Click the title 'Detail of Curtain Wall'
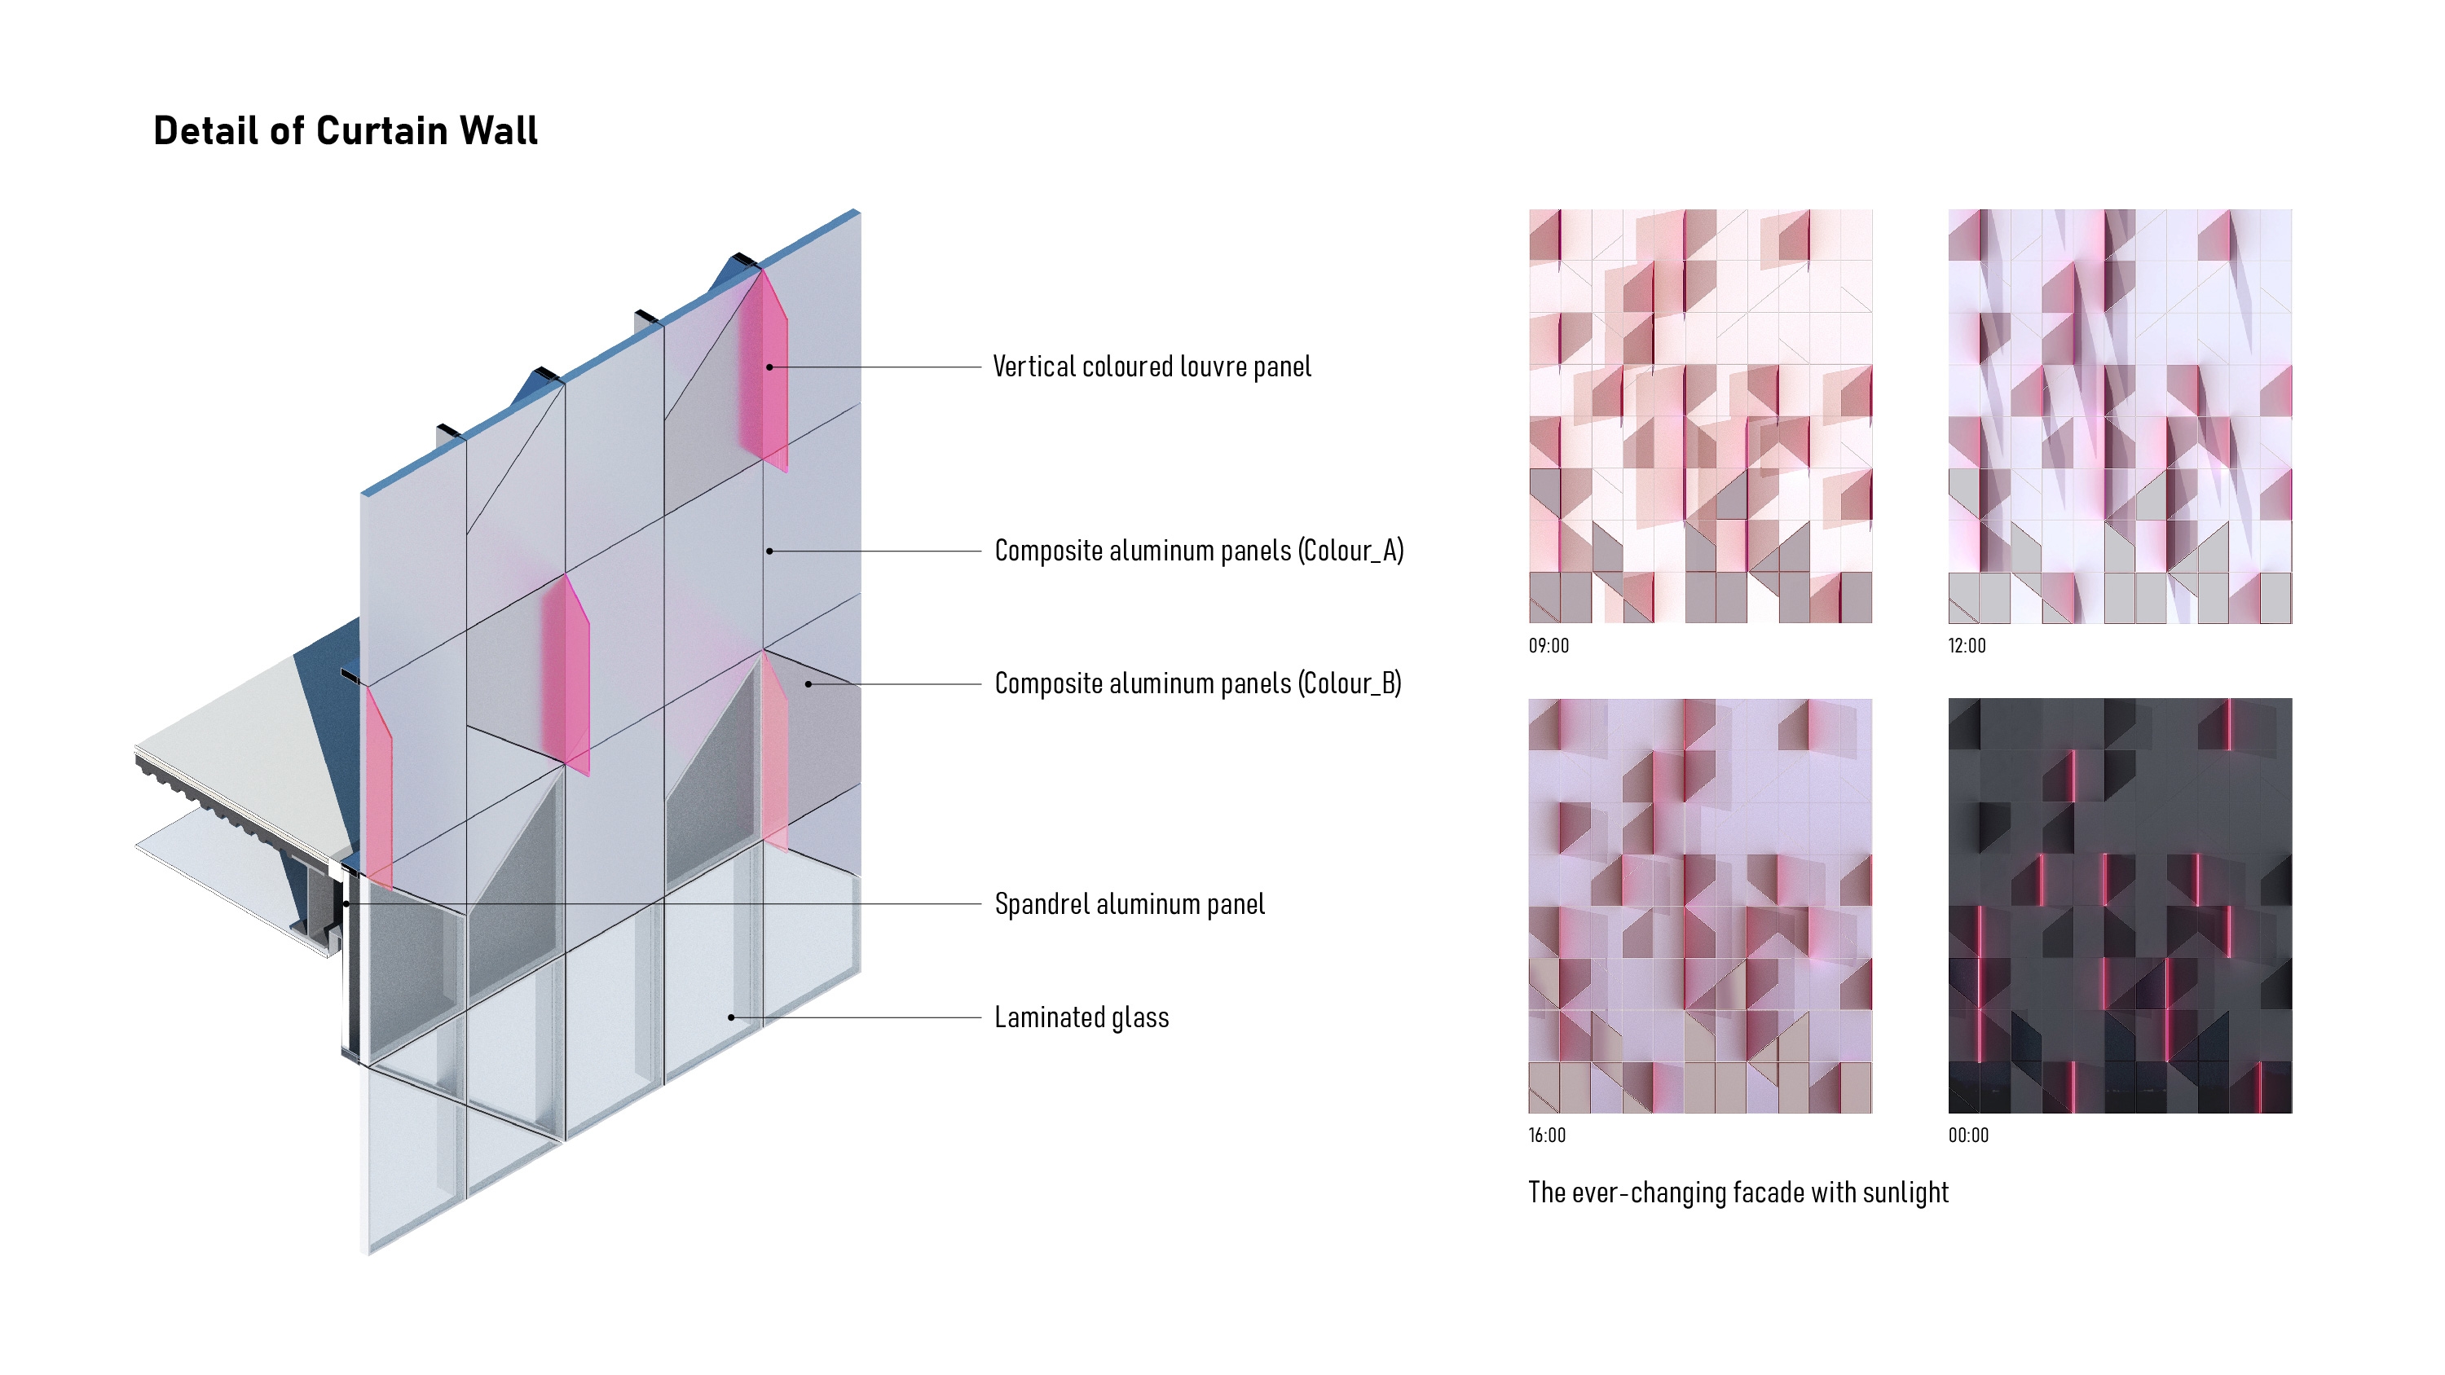(346, 131)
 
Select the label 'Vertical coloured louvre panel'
(1152, 367)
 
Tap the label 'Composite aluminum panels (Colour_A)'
(1199, 551)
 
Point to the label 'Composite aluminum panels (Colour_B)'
(1198, 683)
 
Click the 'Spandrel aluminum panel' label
(1130, 904)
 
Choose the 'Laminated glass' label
(1081, 1017)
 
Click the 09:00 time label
(1548, 646)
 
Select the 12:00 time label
(1967, 646)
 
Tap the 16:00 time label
(1547, 1135)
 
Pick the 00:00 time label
(1968, 1135)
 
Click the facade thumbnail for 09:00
(1700, 415)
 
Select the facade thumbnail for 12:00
(2120, 415)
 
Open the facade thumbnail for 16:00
(1700, 905)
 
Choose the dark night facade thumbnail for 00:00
(2120, 905)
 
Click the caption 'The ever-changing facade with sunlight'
(1738, 1193)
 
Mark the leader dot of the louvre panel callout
(769, 367)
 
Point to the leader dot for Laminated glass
(731, 1017)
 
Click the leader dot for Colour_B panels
(808, 683)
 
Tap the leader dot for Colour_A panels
(769, 551)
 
